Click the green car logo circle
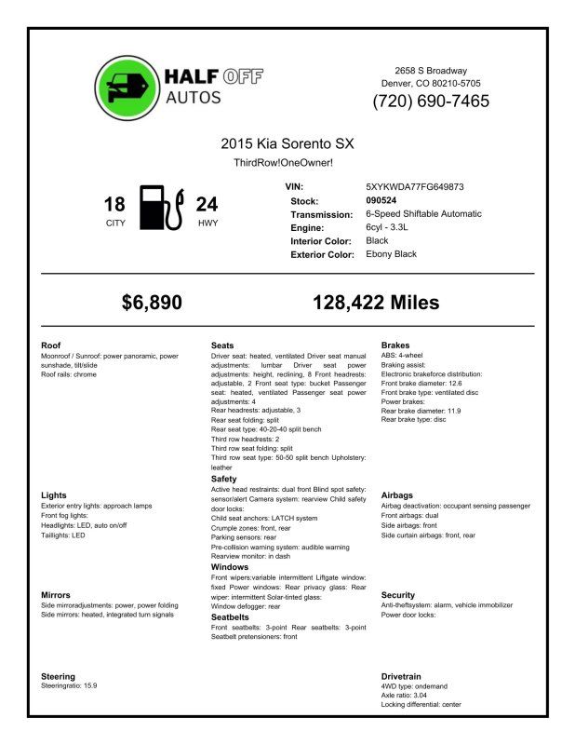(x=127, y=88)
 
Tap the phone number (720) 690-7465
(x=431, y=102)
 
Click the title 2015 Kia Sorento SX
(x=287, y=144)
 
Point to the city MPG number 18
(x=114, y=204)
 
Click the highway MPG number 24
(x=207, y=204)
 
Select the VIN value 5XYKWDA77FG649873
(x=415, y=187)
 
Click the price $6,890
(x=153, y=302)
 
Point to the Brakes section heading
(x=395, y=345)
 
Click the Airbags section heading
(x=397, y=495)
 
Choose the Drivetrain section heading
(x=401, y=676)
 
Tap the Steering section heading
(x=59, y=676)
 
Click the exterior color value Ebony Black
(x=392, y=254)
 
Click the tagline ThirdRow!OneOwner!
(x=283, y=163)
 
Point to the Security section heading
(x=398, y=595)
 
